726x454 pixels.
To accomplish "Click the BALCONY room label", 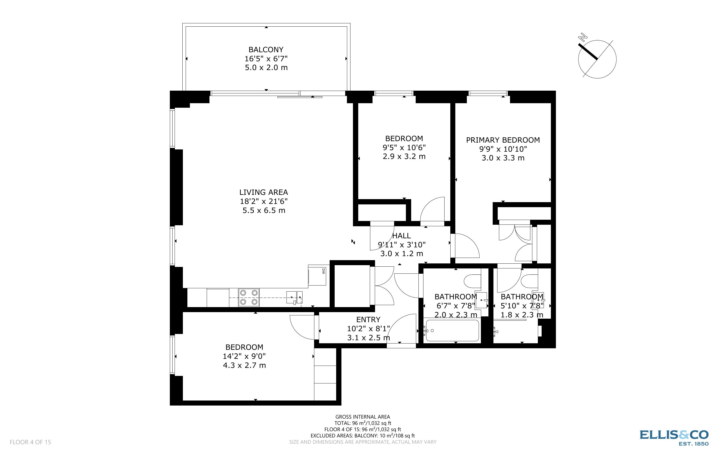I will (266, 49).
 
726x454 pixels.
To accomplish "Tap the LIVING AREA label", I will (263, 192).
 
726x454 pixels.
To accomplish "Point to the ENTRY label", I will (368, 319).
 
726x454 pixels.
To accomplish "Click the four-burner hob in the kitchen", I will (249, 297).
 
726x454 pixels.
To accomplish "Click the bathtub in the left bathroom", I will (452, 331).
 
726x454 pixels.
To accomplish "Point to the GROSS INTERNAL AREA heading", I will (362, 417).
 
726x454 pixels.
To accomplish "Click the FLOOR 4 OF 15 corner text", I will (30, 442).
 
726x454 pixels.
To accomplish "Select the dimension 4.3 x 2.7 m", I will (244, 365).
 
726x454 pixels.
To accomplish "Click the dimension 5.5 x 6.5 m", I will (264, 210).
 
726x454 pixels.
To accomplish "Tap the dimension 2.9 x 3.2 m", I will (404, 156).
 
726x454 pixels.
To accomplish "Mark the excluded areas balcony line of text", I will (362, 436).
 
